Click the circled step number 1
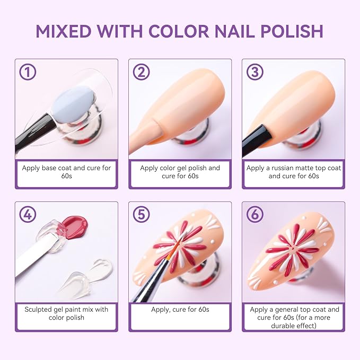[27, 72]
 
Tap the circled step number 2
[141, 72]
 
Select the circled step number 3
[255, 72]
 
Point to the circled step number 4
[27, 215]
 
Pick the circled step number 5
[141, 215]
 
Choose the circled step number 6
[255, 215]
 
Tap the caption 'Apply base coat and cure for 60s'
[66, 172]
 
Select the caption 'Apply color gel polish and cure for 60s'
[180, 172]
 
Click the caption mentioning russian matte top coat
[293, 172]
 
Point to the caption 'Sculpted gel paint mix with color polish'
[66, 313]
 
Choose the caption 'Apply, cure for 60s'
[180, 309]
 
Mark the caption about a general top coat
[293, 317]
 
